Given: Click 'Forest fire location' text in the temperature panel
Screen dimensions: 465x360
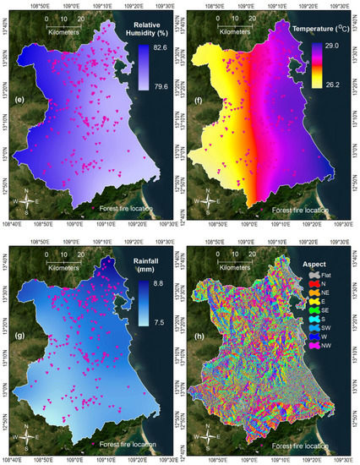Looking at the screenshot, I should point(301,208).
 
